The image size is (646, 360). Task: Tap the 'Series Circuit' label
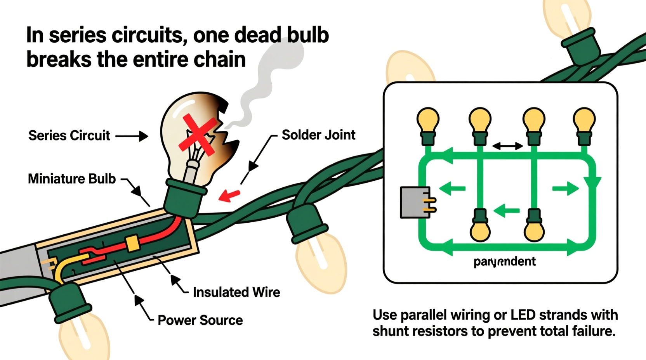[69, 136]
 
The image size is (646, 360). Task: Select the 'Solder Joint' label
[318, 135]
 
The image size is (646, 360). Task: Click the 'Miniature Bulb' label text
[72, 179]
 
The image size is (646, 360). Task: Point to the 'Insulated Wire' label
[236, 292]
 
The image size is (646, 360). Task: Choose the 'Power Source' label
[200, 320]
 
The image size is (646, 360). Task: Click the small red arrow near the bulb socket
[229, 195]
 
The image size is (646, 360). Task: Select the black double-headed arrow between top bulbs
[507, 146]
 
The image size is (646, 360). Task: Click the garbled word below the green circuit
[504, 262]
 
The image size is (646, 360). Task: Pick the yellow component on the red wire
[133, 244]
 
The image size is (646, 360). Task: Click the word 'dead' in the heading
[258, 35]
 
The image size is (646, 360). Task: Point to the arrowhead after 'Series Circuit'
[143, 136]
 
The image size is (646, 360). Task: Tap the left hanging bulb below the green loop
[480, 229]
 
